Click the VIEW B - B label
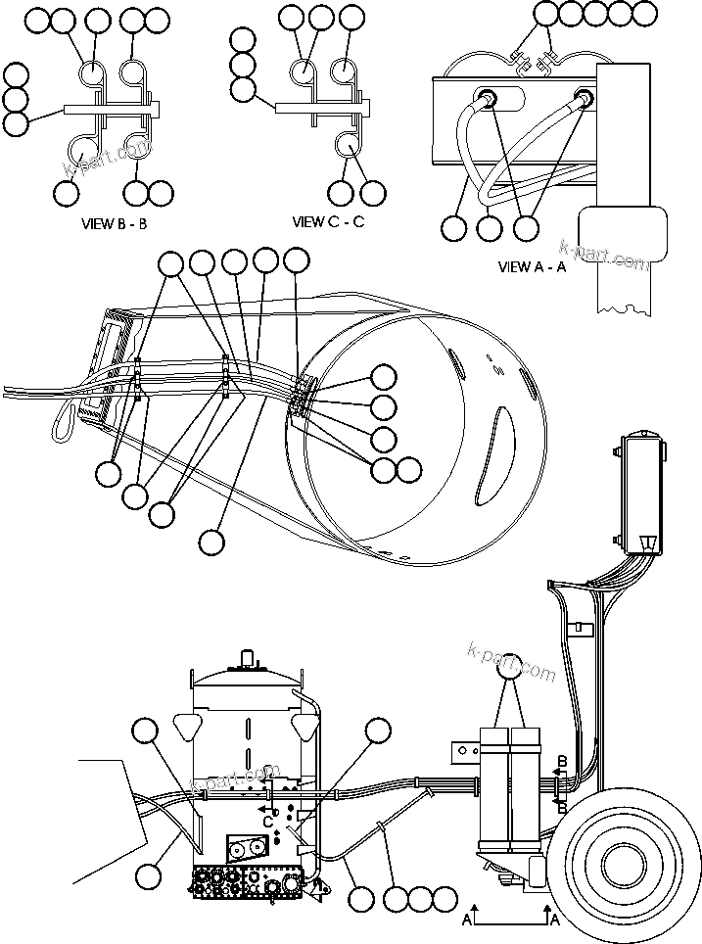(x=114, y=223)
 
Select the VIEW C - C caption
(x=328, y=221)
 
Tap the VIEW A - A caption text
(x=532, y=266)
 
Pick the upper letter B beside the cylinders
(x=561, y=760)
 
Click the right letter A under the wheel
(x=554, y=920)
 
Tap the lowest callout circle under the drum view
(x=211, y=540)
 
